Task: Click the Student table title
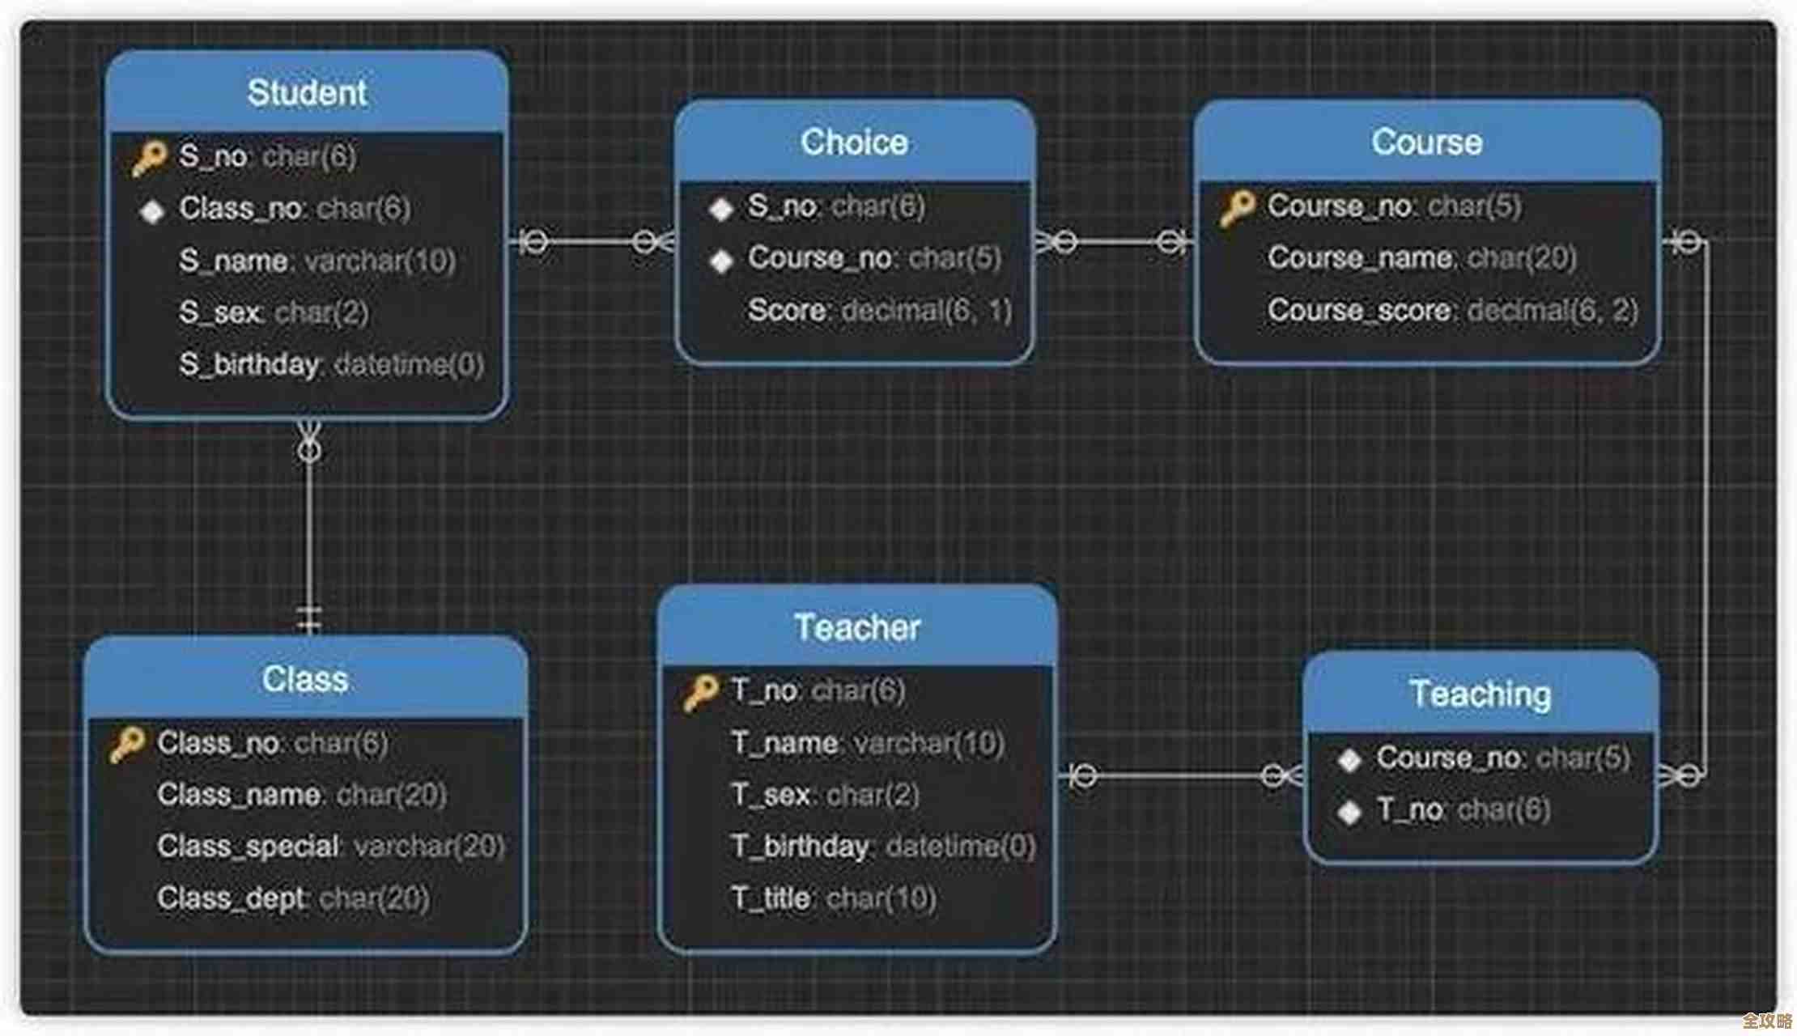click(x=307, y=92)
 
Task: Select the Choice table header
click(x=854, y=142)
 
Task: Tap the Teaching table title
click(x=1480, y=694)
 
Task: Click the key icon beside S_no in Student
click(x=150, y=158)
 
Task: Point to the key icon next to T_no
click(x=700, y=693)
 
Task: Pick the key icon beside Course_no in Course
click(x=1238, y=208)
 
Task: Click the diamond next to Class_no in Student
click(x=151, y=211)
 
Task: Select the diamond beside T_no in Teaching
click(x=1349, y=812)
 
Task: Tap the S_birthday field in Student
click(x=331, y=364)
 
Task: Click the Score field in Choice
click(x=880, y=310)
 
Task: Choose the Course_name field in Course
click(x=1421, y=258)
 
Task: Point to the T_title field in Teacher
click(x=833, y=898)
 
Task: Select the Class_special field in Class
click(x=330, y=846)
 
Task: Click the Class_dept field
click(x=293, y=898)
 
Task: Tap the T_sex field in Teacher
click(x=825, y=794)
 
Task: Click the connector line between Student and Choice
click(x=591, y=241)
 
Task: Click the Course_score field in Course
click(x=1452, y=310)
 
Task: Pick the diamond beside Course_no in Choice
click(x=721, y=261)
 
